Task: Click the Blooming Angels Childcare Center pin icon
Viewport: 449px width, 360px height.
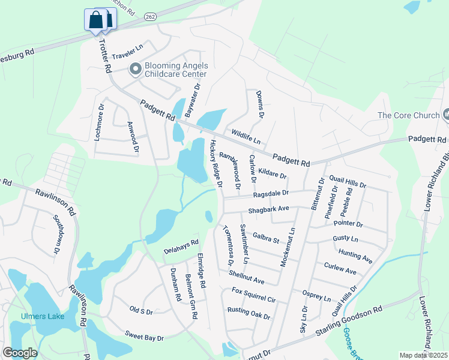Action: (135, 70)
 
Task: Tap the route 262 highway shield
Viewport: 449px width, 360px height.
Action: (151, 17)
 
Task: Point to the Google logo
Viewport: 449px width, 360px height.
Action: (20, 353)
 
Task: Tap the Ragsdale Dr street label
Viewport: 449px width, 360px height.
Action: (271, 194)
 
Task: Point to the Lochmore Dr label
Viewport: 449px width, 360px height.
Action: (100, 122)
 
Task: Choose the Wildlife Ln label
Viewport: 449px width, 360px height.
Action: (245, 137)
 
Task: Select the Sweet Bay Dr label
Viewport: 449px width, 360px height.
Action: (144, 336)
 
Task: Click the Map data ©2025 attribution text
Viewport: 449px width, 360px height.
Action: (423, 355)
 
